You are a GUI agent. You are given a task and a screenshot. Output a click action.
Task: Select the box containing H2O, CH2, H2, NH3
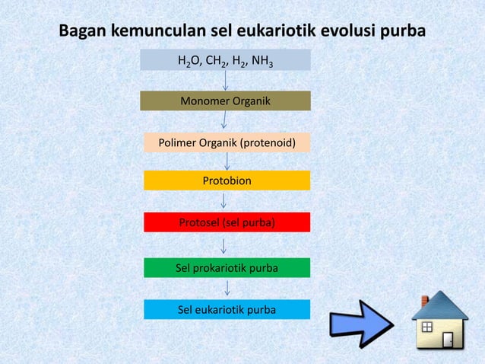pos(226,60)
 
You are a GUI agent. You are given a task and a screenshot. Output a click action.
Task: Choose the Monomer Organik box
pos(226,101)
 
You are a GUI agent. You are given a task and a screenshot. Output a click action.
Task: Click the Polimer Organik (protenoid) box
pos(227,142)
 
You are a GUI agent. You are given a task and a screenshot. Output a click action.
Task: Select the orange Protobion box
pos(227,180)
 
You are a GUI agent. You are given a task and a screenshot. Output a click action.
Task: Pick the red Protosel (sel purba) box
pos(227,222)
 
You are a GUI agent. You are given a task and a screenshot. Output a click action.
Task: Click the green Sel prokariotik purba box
pos(227,268)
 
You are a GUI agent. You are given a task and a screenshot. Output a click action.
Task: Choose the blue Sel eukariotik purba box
pos(227,309)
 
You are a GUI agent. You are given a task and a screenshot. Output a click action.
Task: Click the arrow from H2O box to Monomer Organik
pos(226,81)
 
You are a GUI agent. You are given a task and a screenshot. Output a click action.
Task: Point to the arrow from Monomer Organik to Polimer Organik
pos(224,121)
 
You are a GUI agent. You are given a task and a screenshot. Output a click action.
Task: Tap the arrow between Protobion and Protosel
pos(223,201)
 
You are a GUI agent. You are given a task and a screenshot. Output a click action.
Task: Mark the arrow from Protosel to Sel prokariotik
pos(223,245)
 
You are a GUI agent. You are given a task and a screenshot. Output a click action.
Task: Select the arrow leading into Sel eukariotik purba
pos(227,289)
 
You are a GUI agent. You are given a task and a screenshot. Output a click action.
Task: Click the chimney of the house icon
pos(425,302)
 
